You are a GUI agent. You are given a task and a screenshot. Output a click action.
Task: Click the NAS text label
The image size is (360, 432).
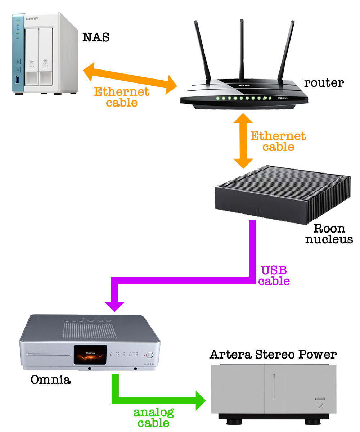coord(96,37)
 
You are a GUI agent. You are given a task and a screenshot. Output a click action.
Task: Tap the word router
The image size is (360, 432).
coord(324,83)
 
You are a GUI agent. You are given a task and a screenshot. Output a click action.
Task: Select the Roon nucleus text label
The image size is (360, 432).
coord(329,234)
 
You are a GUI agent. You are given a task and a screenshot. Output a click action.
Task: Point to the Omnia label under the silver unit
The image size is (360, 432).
coord(50,379)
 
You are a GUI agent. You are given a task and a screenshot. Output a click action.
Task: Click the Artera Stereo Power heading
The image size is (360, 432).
coord(273,355)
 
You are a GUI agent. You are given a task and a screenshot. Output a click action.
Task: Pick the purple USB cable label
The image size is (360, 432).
coord(274,275)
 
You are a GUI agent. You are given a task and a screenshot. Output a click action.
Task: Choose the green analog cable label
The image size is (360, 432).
coord(153,417)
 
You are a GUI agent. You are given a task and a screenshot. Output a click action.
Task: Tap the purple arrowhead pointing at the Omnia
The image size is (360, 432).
coord(115,304)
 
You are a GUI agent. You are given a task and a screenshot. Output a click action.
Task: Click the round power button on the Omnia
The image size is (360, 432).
coord(150,354)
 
